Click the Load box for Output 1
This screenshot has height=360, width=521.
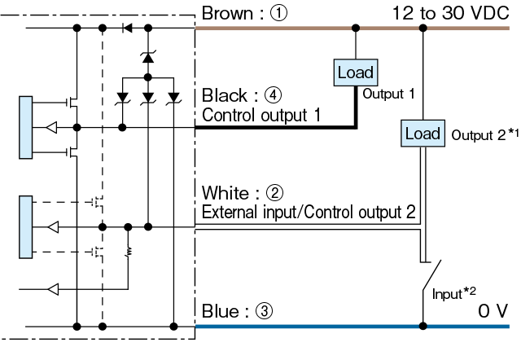tap(356, 72)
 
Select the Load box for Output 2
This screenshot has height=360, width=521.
tap(422, 134)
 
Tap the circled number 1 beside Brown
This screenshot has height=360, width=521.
tap(278, 13)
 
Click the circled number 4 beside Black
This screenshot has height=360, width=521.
tap(273, 95)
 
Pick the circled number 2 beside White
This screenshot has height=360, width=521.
tap(274, 193)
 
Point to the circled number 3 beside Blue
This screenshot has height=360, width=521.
tap(264, 311)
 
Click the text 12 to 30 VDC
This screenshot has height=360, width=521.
tap(450, 13)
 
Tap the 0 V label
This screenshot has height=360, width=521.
tap(493, 311)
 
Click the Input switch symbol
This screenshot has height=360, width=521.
tap(431, 276)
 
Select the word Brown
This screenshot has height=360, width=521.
tap(227, 13)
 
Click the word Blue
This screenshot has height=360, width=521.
tap(220, 311)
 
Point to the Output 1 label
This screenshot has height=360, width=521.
tap(388, 94)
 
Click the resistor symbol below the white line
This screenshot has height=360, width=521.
tap(129, 252)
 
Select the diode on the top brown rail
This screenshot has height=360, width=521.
tap(127, 28)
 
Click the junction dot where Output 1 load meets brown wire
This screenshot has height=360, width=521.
tap(356, 28)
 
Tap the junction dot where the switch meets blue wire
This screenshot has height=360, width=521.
tap(422, 326)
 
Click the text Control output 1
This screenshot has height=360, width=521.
tap(261, 115)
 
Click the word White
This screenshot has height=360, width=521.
tap(225, 193)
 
